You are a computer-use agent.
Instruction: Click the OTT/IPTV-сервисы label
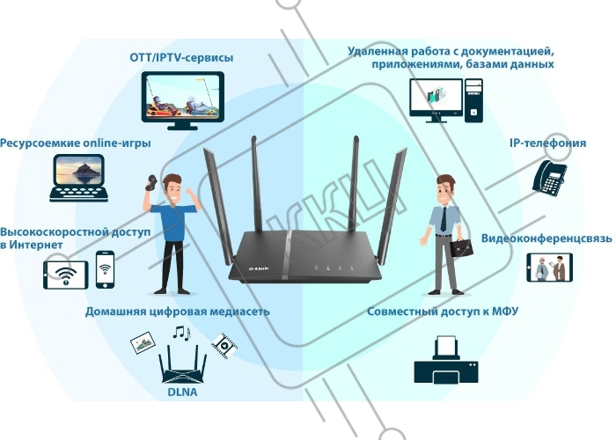181,58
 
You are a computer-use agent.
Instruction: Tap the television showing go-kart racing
183,100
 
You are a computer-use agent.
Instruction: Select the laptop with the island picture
78,178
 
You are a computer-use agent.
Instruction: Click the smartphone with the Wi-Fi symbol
105,269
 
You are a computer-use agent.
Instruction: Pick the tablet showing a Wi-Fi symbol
66,275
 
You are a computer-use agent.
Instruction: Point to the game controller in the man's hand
150,183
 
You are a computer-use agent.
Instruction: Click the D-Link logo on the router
259,269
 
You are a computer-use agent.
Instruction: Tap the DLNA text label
182,392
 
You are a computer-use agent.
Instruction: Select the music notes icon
181,333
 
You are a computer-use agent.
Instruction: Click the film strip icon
224,346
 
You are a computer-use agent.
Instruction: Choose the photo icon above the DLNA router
143,343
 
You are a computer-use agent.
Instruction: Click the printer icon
446,360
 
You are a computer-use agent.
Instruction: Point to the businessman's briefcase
461,246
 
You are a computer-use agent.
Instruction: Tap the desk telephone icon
549,178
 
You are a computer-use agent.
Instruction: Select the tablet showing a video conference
550,268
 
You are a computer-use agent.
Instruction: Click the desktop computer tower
473,100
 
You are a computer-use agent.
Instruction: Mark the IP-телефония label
547,143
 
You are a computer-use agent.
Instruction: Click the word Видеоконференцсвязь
546,238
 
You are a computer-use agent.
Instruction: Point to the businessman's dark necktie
444,219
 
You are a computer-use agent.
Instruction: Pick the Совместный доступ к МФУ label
443,312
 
